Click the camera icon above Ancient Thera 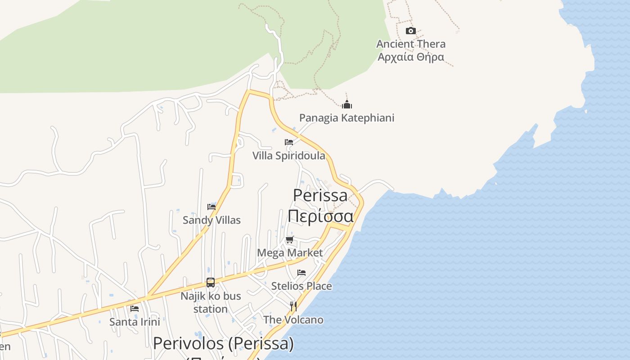tap(410, 31)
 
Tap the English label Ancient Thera tap(411, 44)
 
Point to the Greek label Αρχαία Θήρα tap(411, 57)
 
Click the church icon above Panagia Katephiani tap(346, 105)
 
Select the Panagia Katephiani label tap(346, 118)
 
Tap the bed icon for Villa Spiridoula tap(289, 142)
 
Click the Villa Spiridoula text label tap(289, 156)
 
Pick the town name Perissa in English tap(320, 195)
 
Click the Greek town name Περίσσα tap(320, 216)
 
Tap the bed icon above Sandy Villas tap(211, 207)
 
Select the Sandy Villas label tap(211, 220)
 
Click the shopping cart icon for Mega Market tap(290, 239)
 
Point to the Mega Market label tap(290, 253)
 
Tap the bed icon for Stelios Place tap(301, 273)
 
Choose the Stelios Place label tap(301, 286)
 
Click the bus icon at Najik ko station tap(211, 283)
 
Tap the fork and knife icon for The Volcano tap(293, 306)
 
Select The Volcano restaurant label tap(293, 320)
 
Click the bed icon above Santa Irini tap(135, 309)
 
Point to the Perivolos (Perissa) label tap(223, 344)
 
